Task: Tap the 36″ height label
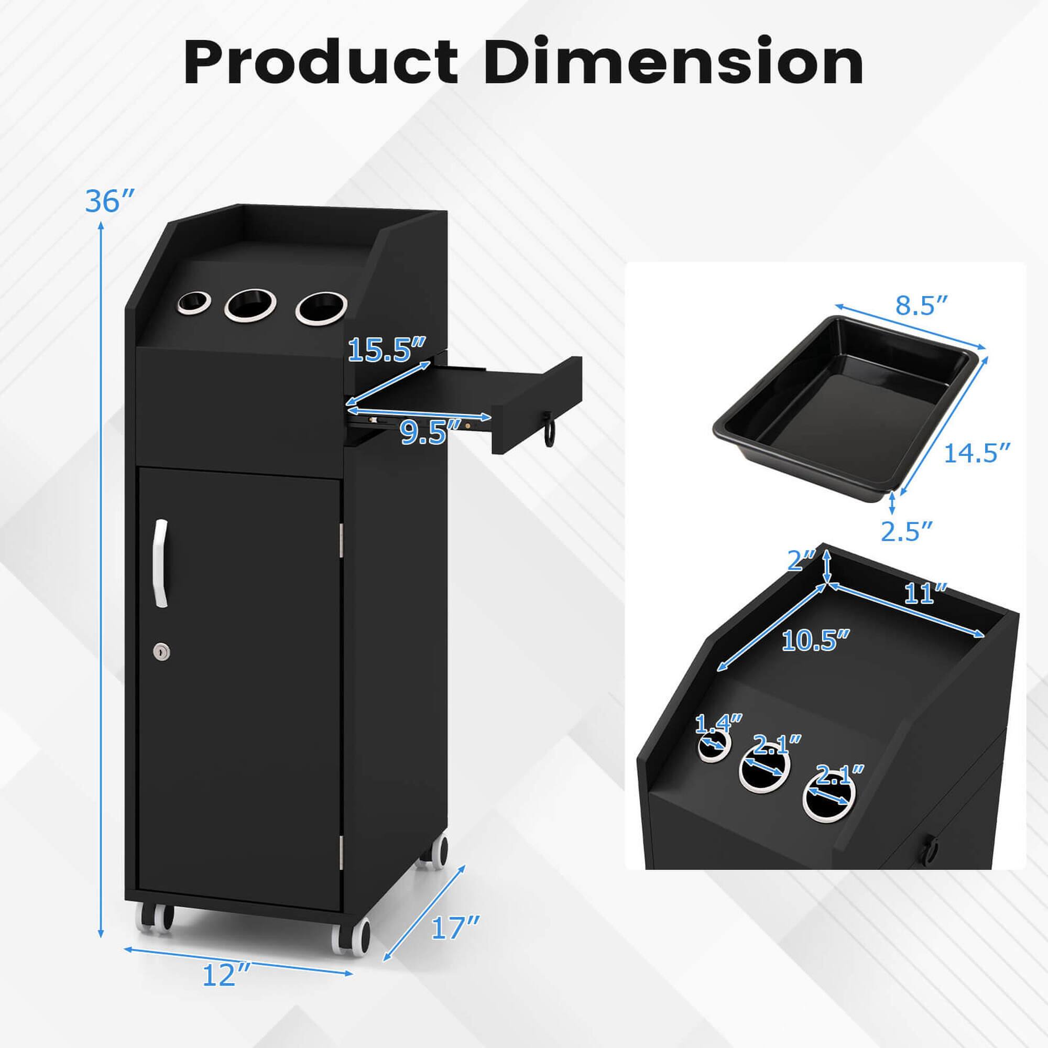click(108, 201)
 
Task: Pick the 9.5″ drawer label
click(423, 432)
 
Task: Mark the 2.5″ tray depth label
click(906, 531)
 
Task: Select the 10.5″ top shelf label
click(815, 641)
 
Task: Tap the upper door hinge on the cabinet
click(342, 540)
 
